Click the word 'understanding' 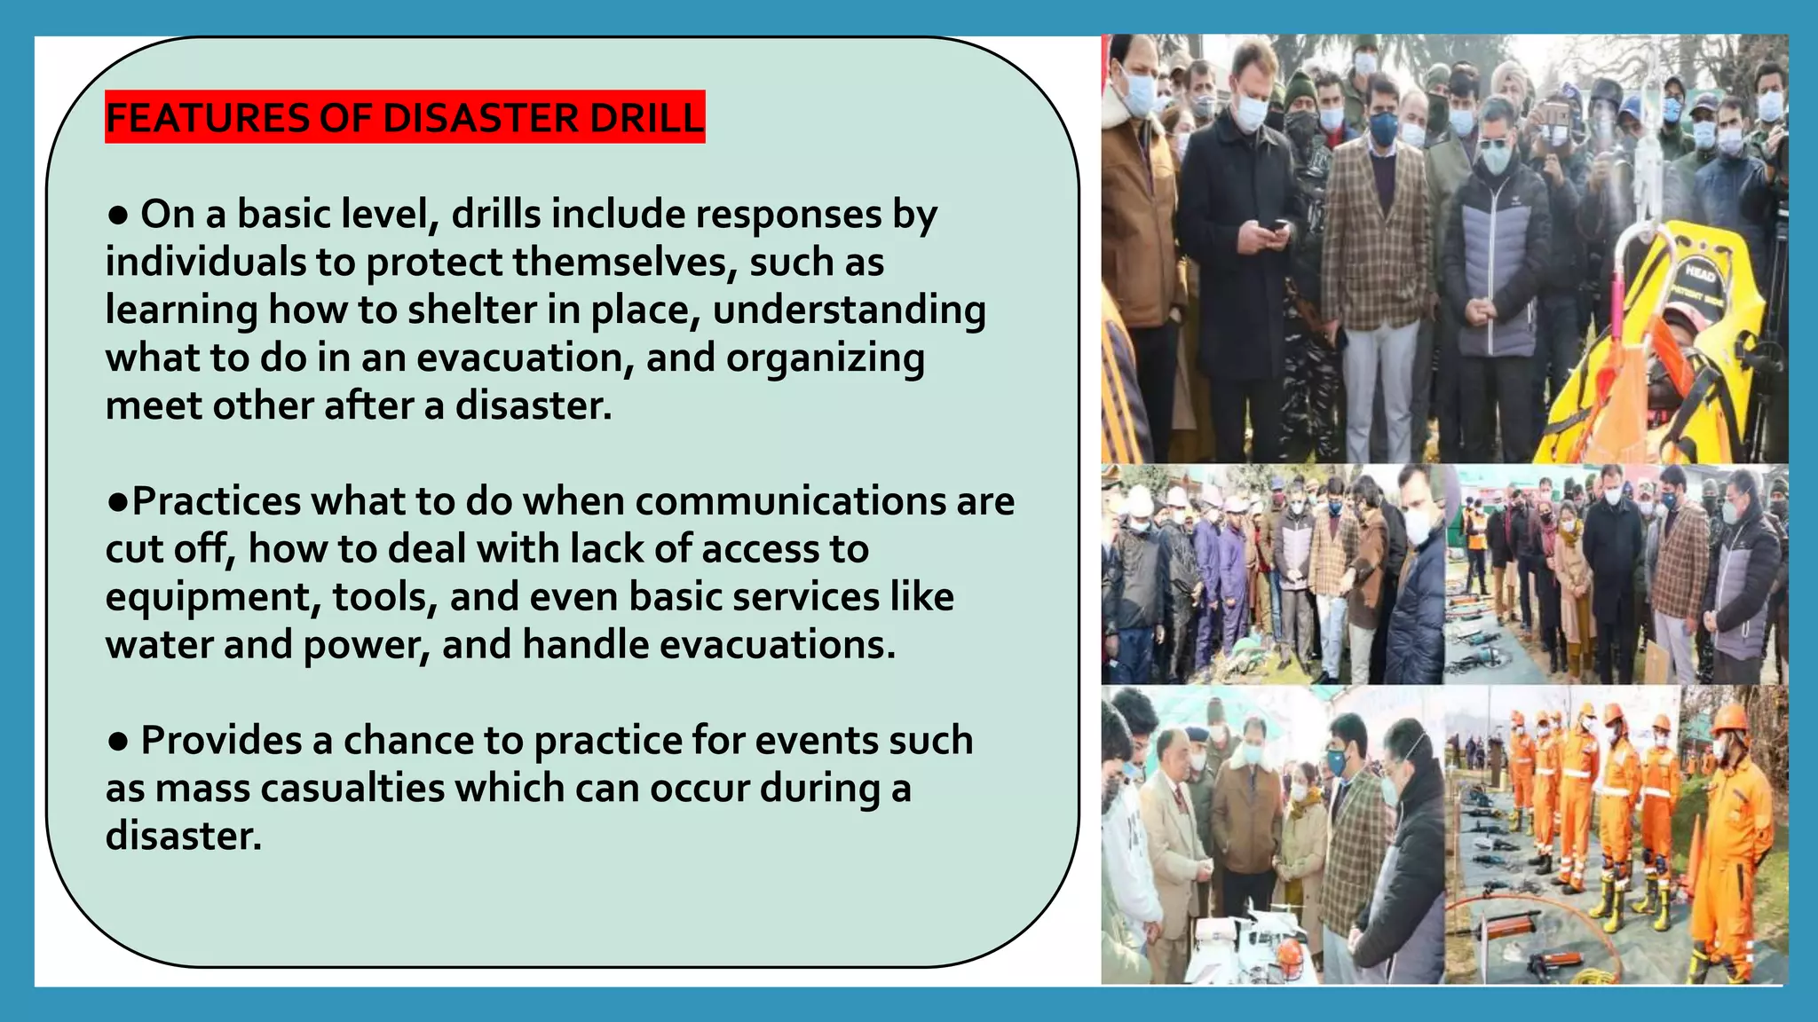[849, 311]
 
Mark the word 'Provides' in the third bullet [221, 741]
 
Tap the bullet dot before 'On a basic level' [117, 215]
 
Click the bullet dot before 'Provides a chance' [117, 741]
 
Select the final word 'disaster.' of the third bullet [184, 837]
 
